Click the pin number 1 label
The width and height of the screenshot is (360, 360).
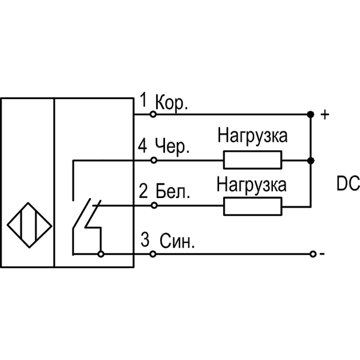[143, 99]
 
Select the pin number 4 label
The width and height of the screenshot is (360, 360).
[142, 146]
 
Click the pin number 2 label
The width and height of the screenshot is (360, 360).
[143, 192]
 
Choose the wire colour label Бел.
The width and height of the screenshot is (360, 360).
[173, 193]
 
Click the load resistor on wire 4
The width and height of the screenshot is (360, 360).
[253, 160]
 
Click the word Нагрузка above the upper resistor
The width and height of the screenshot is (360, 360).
[253, 136]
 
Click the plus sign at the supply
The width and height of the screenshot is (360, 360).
[325, 114]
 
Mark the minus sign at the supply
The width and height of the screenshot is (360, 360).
[323, 254]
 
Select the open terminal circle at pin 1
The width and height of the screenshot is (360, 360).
[153, 113]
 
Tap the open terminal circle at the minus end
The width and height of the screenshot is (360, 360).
[313, 254]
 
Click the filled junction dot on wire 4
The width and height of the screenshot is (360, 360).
[310, 160]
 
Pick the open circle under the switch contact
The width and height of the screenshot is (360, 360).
[100, 254]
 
